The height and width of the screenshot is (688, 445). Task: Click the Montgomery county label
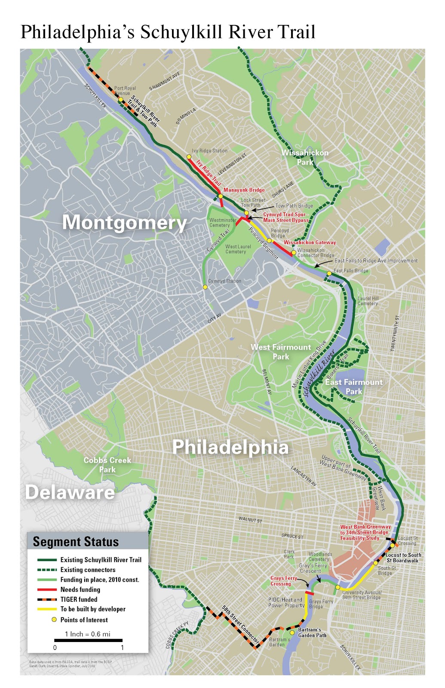tap(124, 222)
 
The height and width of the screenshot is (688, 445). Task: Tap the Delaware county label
tap(70, 492)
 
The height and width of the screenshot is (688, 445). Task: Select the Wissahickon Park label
tap(305, 157)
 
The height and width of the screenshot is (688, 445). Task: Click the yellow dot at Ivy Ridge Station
tap(189, 157)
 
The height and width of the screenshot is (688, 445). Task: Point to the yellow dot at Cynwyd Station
tap(206, 287)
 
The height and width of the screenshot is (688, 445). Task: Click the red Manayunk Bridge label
tap(244, 190)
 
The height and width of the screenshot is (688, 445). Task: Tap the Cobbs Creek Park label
tap(107, 465)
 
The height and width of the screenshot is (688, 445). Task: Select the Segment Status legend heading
tap(76, 542)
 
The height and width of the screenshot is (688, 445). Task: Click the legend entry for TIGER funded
tap(79, 599)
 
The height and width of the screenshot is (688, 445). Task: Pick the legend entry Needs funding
tap(80, 590)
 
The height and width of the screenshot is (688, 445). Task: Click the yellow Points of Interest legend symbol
tap(54, 620)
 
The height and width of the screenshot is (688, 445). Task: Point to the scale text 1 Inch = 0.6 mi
tap(87, 634)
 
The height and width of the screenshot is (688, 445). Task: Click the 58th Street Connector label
tap(241, 624)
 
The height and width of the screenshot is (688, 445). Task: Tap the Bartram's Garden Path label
tap(312, 632)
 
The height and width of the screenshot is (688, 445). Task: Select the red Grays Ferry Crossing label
tap(283, 581)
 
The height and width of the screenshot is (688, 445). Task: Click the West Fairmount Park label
tap(281, 352)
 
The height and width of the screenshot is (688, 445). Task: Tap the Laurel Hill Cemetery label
tap(368, 301)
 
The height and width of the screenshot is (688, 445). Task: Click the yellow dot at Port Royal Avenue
tap(121, 100)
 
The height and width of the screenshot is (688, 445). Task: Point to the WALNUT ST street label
tap(250, 520)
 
